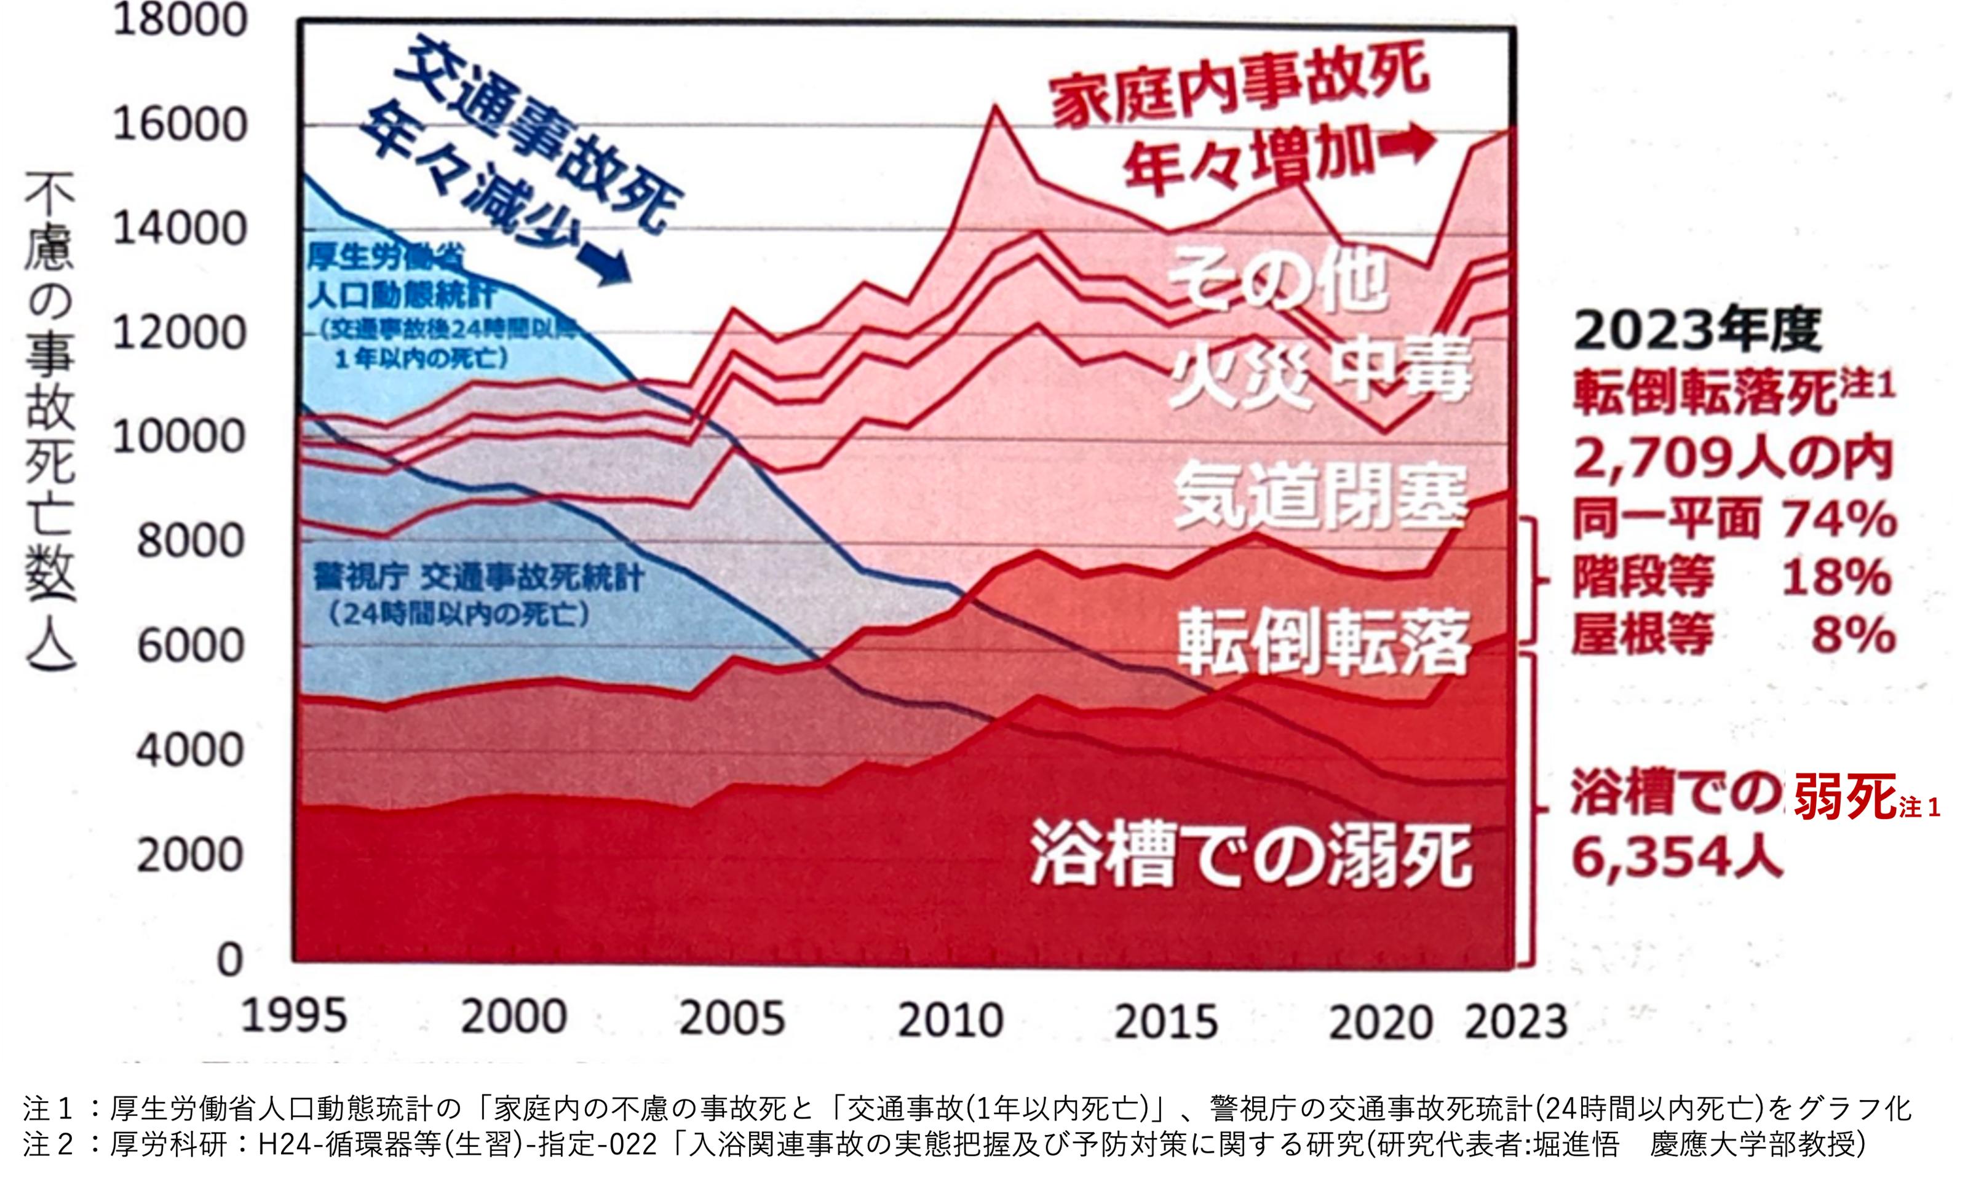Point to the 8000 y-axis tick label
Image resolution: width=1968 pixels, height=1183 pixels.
[189, 541]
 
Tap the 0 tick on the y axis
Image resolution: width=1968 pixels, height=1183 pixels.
[229, 960]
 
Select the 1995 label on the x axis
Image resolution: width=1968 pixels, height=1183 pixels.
[294, 1016]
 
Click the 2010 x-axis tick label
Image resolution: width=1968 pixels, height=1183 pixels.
[950, 1021]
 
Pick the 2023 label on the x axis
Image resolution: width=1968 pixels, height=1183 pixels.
[1515, 1021]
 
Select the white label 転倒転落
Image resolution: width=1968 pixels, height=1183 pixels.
[1323, 642]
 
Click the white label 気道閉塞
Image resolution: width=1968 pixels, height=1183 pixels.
[1320, 498]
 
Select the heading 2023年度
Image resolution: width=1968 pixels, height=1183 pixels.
[1698, 330]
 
